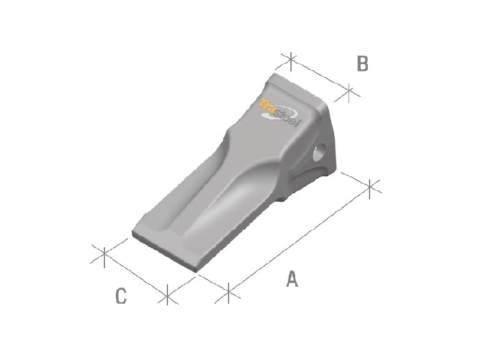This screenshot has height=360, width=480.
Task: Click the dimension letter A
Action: click(x=292, y=279)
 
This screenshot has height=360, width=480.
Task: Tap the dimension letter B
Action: click(x=362, y=64)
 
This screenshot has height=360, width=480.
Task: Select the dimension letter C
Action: click(x=121, y=296)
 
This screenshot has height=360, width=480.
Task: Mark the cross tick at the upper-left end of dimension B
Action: click(x=290, y=59)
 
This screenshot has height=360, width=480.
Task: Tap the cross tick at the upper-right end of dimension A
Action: click(x=371, y=187)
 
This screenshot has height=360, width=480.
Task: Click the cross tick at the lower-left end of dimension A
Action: click(x=229, y=293)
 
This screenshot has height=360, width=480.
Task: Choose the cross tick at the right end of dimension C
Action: click(x=167, y=294)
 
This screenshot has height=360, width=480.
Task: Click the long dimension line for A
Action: click(x=300, y=239)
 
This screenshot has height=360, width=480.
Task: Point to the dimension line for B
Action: click(x=320, y=76)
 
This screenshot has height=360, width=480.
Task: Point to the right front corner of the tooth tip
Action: click(x=196, y=272)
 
